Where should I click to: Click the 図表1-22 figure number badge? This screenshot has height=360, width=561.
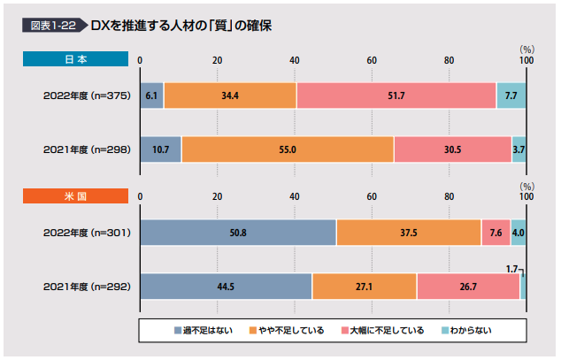pyautogui.click(x=53, y=26)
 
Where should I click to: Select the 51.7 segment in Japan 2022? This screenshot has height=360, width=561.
pyautogui.click(x=396, y=95)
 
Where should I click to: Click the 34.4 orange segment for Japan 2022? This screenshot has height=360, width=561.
pyautogui.click(x=230, y=95)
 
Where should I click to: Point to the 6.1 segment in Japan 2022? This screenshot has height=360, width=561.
pyautogui.click(x=151, y=95)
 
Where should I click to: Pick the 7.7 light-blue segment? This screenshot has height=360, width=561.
pyautogui.click(x=511, y=95)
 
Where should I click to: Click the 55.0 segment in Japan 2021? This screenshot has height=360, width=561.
pyautogui.click(x=288, y=149)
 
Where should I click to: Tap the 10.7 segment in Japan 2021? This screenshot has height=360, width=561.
pyautogui.click(x=160, y=149)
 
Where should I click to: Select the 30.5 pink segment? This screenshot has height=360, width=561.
pyautogui.click(x=452, y=149)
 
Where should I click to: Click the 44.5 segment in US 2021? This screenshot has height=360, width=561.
pyautogui.click(x=226, y=287)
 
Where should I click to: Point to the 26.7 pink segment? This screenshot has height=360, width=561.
pyautogui.click(x=468, y=287)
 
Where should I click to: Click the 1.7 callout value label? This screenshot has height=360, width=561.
pyautogui.click(x=512, y=267)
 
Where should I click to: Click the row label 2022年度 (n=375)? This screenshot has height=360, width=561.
pyautogui.click(x=87, y=96)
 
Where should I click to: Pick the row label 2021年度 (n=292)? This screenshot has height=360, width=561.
pyautogui.click(x=87, y=287)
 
